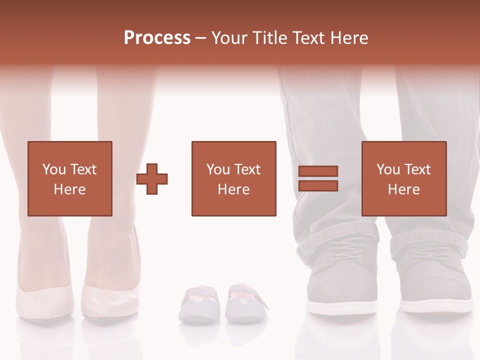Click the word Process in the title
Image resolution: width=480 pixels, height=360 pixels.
click(x=157, y=38)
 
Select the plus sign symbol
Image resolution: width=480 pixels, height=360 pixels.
click(x=152, y=178)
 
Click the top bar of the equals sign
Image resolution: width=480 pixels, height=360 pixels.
click(x=318, y=171)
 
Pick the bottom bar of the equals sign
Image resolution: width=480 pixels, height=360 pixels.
click(x=318, y=185)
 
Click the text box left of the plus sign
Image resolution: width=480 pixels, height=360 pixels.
click(x=69, y=178)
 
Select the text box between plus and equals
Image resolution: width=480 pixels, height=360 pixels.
click(x=233, y=178)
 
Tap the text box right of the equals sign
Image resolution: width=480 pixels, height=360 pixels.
click(x=403, y=178)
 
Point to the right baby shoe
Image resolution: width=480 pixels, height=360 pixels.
click(x=245, y=303)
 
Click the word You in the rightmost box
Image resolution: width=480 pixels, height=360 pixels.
click(x=388, y=169)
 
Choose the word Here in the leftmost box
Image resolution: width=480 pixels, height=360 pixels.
click(x=69, y=189)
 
